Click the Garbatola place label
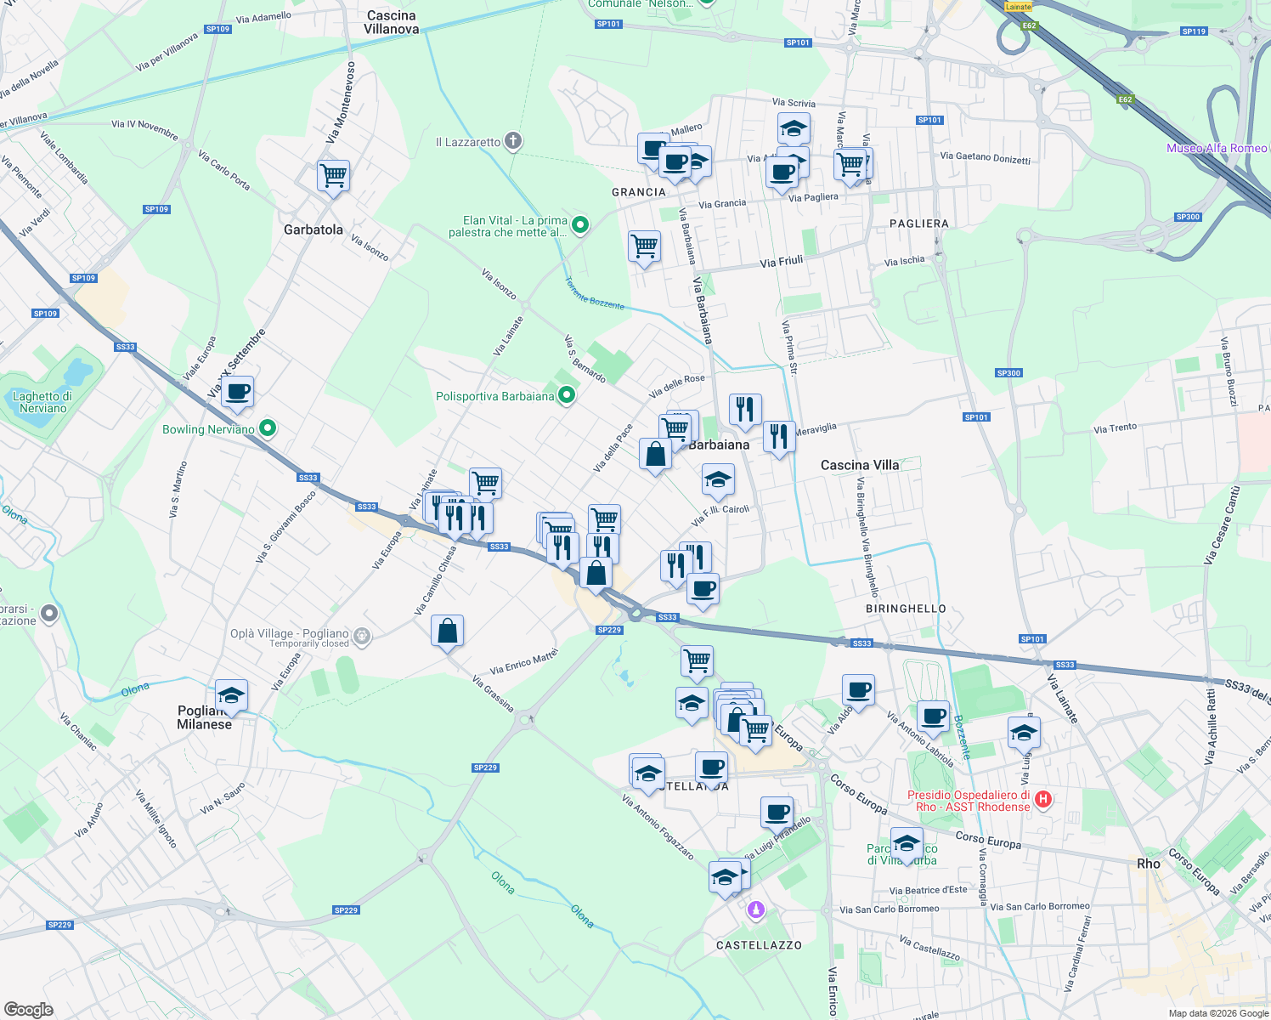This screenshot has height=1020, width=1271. pos(313,229)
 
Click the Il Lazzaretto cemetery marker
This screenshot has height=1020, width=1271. pos(513,141)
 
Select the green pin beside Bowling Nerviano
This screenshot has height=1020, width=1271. pos(268,428)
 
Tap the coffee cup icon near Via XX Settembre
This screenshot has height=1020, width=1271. pos(238,393)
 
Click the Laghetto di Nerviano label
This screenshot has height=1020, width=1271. pos(42,402)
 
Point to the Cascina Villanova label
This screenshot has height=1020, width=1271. pos(391,22)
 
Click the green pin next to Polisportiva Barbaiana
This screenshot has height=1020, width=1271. pos(567,395)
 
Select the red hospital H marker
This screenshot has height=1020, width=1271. pos(1044,800)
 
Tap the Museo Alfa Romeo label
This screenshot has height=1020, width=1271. pos(1217,148)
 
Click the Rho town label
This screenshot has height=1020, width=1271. pos(1149,864)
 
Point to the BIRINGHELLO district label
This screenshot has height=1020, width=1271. pos(906,609)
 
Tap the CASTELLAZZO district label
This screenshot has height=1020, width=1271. pos(759,945)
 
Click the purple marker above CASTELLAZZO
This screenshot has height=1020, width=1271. pos(755,910)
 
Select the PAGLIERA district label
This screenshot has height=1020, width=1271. pos(918,224)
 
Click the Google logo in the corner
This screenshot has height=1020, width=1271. pos(29,1009)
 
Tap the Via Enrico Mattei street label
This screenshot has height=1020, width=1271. pos(524,660)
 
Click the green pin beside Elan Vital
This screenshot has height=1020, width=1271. pos(580,225)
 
